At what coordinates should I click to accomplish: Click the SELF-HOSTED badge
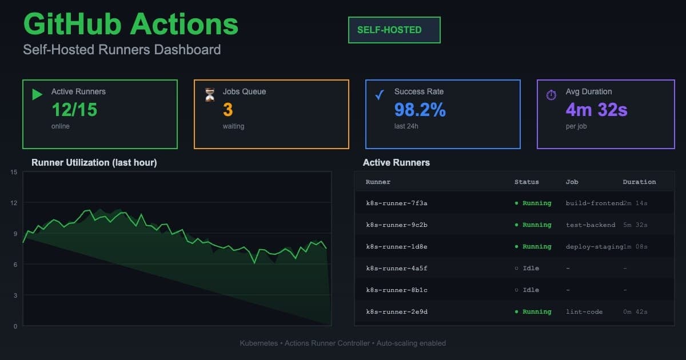(394, 30)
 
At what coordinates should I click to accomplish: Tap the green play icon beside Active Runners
(37, 94)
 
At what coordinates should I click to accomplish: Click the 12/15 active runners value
(74, 109)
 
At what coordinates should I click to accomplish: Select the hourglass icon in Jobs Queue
(210, 95)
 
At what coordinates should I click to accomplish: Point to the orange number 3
(228, 109)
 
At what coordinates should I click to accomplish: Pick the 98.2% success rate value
(420, 109)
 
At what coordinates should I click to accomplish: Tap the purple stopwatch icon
(551, 95)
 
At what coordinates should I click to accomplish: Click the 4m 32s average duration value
(596, 109)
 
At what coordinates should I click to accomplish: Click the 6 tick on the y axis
(15, 265)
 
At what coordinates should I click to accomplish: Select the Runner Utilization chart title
(94, 163)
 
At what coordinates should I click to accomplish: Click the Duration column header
(639, 182)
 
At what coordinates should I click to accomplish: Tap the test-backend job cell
(591, 225)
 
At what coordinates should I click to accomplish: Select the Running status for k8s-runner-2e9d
(533, 312)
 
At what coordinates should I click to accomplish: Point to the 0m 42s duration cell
(635, 312)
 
